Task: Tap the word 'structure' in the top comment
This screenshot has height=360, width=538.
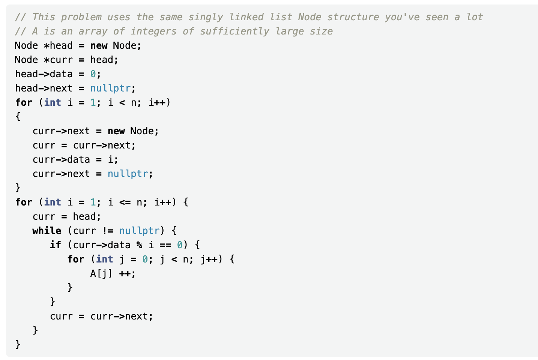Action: coord(353,17)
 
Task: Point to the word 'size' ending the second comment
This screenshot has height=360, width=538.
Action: coord(321,31)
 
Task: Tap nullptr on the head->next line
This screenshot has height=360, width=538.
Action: coord(110,88)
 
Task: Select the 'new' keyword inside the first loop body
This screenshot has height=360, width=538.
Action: coord(116,131)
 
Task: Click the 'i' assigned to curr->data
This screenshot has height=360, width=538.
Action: coord(111,160)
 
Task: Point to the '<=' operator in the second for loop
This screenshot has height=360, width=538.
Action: coord(125,202)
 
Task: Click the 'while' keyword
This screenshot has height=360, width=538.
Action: coord(47,231)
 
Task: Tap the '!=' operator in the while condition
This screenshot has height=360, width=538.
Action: coord(107,231)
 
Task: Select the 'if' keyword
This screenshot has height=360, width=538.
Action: coord(55,245)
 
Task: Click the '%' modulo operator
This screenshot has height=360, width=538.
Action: coord(140,245)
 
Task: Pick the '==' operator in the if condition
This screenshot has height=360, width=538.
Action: coord(165,245)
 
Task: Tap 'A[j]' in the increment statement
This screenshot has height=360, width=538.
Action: coord(101,274)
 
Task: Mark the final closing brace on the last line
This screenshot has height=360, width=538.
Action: coord(18,344)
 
